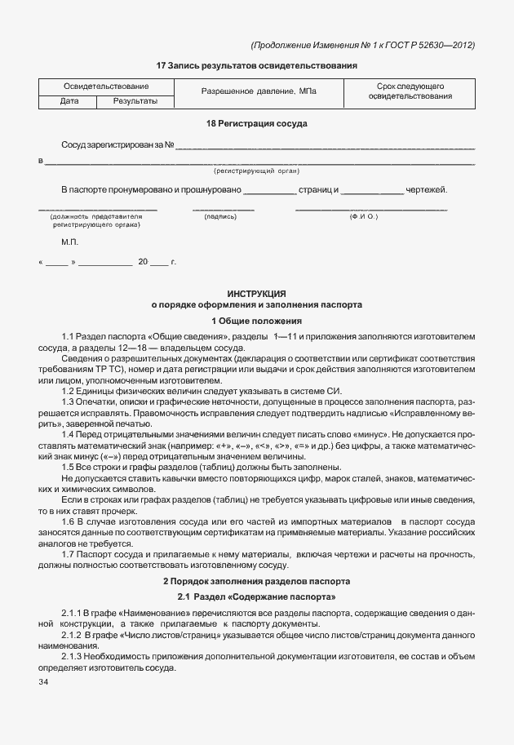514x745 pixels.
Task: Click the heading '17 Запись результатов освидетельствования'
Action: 257,64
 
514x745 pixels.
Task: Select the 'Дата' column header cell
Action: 69,101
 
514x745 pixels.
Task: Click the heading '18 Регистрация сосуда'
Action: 257,123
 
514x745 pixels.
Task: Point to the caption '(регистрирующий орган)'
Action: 257,171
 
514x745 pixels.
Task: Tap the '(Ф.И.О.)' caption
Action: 363,217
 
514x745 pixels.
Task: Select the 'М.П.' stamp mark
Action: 70,243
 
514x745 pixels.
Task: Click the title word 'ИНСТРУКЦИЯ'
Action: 257,293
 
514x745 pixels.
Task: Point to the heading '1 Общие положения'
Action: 257,321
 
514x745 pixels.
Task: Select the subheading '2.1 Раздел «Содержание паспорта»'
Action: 257,597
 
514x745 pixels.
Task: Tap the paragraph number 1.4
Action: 69,435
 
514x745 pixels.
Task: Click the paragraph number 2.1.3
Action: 74,655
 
